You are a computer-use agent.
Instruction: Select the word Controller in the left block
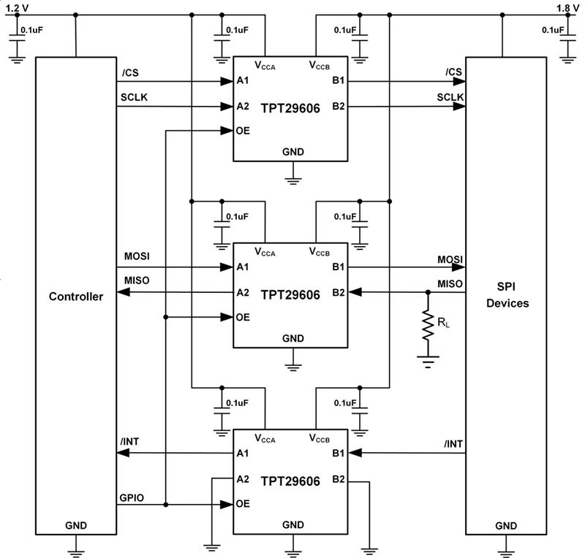coord(75,297)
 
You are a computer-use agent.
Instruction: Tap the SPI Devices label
coord(507,292)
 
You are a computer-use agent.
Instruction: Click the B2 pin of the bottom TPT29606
coord(339,479)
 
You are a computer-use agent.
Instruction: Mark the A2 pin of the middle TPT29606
coord(244,292)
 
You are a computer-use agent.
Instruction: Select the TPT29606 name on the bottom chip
coord(291,481)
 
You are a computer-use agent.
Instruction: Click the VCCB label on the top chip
coord(322,66)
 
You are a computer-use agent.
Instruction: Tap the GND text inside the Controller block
coord(75,525)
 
